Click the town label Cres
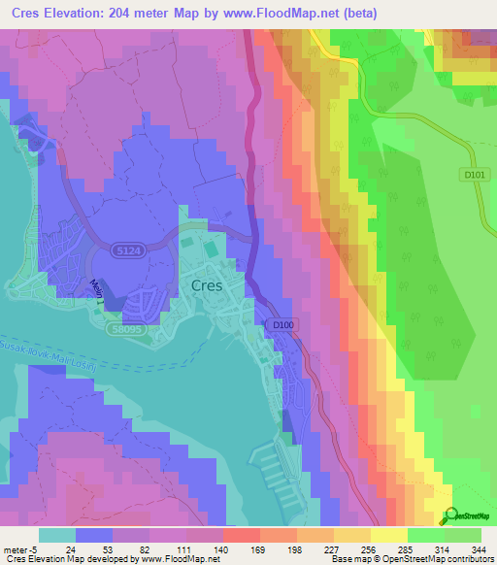tap(207, 285)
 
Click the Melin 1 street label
tap(97, 289)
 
